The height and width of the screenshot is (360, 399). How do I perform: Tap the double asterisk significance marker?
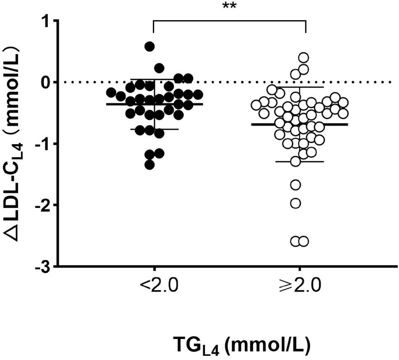click(229, 7)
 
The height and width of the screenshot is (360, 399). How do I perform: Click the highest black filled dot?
click(150, 46)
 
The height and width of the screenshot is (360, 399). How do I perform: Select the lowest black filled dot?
click(150, 165)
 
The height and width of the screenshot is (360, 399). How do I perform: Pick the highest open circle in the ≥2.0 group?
click(303, 58)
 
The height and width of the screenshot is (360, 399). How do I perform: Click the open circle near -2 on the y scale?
click(296, 203)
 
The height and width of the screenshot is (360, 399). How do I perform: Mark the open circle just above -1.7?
click(296, 184)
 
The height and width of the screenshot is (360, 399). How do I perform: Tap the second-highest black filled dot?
click(159, 68)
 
